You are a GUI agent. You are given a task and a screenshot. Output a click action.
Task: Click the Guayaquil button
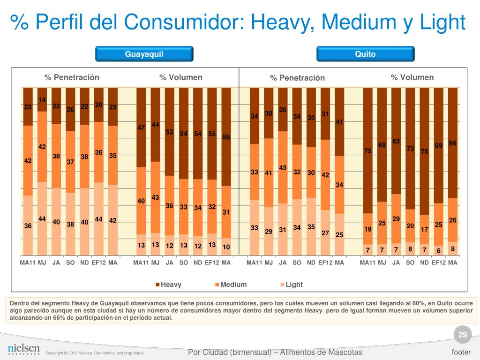pos(144,54)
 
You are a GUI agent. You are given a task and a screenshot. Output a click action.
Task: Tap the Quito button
pos(365,54)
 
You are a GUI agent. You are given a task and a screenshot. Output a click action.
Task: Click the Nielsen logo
pos(23,349)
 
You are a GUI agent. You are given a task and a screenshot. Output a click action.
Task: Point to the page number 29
pos(462,335)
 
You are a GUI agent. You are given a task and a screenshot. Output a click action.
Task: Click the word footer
pos(461,352)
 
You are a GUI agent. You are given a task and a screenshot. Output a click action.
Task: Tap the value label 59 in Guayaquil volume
pos(226,137)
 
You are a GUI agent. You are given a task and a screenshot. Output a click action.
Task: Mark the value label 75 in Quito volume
pos(368,150)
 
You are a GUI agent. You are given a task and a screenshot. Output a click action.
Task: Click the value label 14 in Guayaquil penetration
pos(42,100)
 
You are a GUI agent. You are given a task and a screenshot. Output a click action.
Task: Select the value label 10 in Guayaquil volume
pos(226,247)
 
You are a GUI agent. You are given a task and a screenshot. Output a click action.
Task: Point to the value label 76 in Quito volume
pos(424,151)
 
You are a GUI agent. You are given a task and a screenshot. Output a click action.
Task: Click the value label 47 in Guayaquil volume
pos(141,127)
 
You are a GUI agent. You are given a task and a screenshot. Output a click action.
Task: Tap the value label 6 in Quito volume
pos(438,250)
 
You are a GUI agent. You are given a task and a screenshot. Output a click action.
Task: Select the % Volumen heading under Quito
pos(412,77)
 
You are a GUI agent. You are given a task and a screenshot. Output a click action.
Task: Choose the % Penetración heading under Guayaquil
pos(72,77)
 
